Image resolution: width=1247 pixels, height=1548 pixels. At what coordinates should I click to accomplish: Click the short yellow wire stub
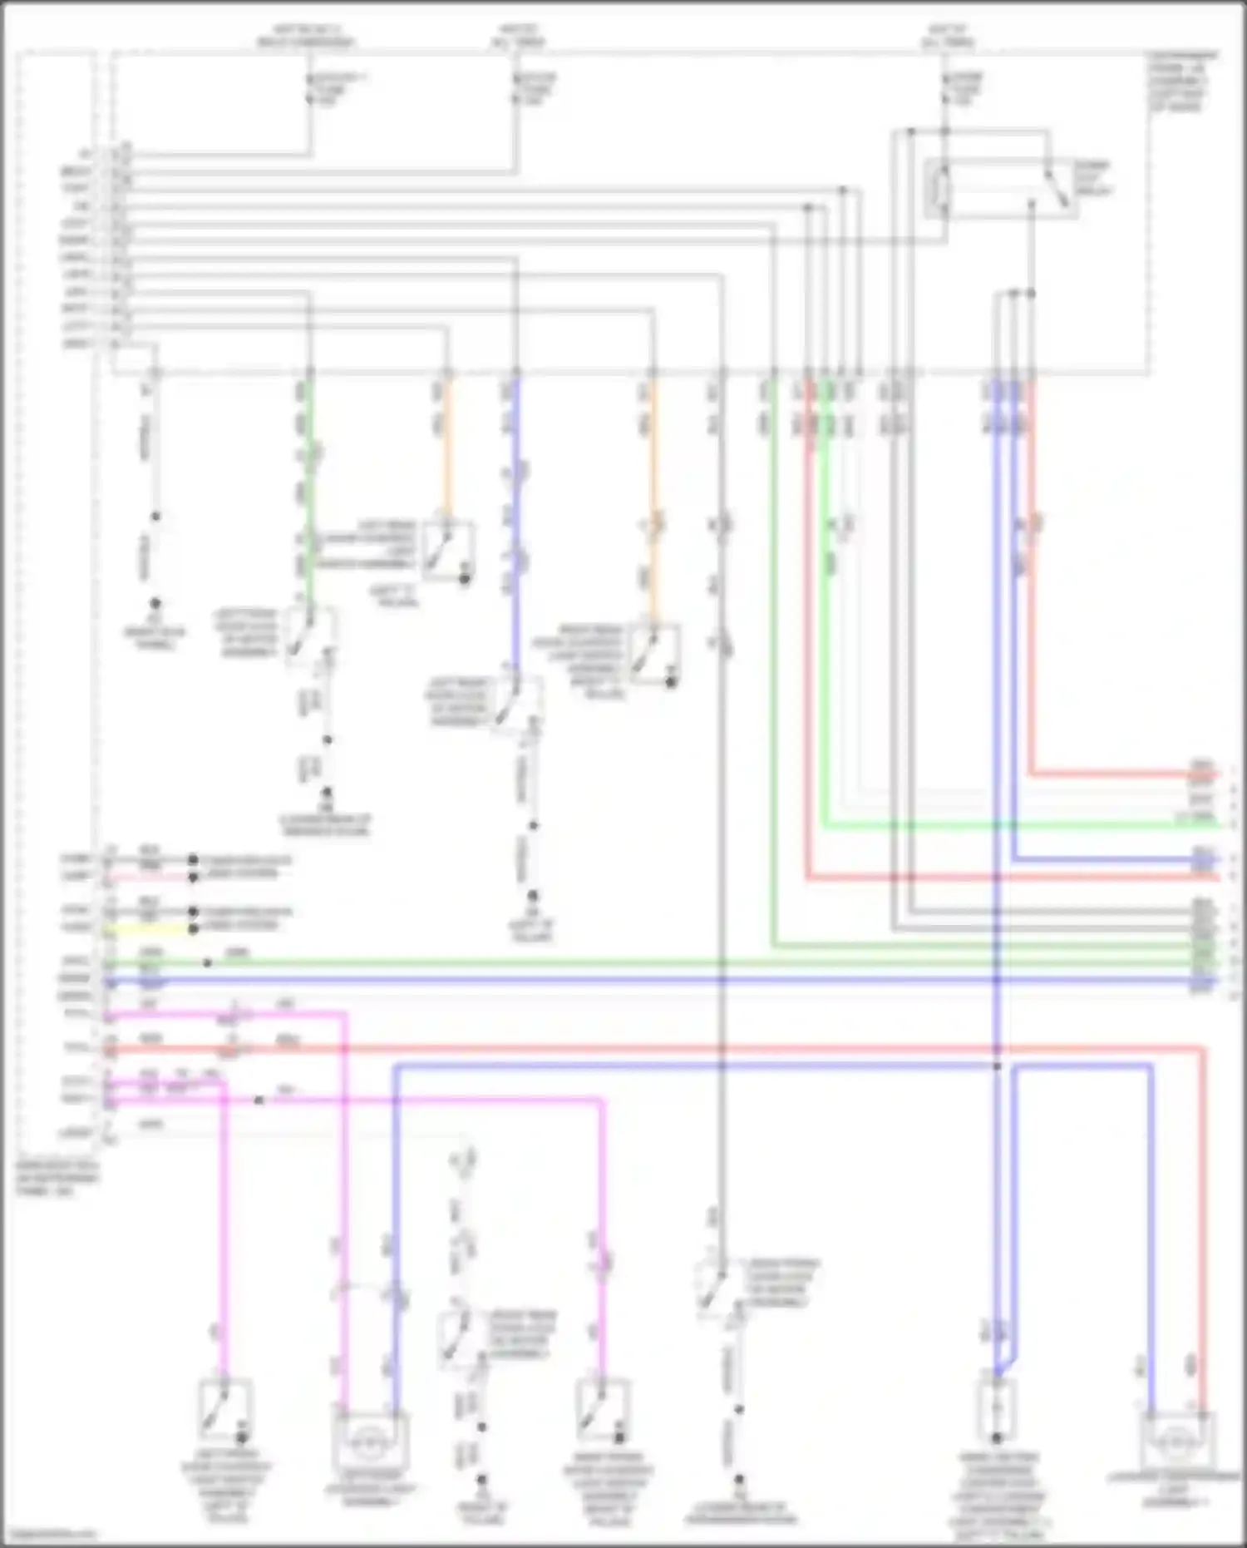coord(150,929)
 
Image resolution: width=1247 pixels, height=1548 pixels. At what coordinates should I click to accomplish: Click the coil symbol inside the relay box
coord(942,190)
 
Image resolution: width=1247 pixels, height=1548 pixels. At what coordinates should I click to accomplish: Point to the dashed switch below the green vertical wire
coord(309,636)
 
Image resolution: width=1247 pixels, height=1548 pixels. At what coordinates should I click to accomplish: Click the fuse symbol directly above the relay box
coord(945,88)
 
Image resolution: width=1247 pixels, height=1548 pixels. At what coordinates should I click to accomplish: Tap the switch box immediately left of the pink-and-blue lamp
coord(224,1409)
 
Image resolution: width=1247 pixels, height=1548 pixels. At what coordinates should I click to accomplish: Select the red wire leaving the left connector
coord(582,1050)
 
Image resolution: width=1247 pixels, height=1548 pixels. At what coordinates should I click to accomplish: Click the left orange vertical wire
coord(449,449)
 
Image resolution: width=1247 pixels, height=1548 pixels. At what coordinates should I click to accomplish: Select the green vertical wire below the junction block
coord(310,499)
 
